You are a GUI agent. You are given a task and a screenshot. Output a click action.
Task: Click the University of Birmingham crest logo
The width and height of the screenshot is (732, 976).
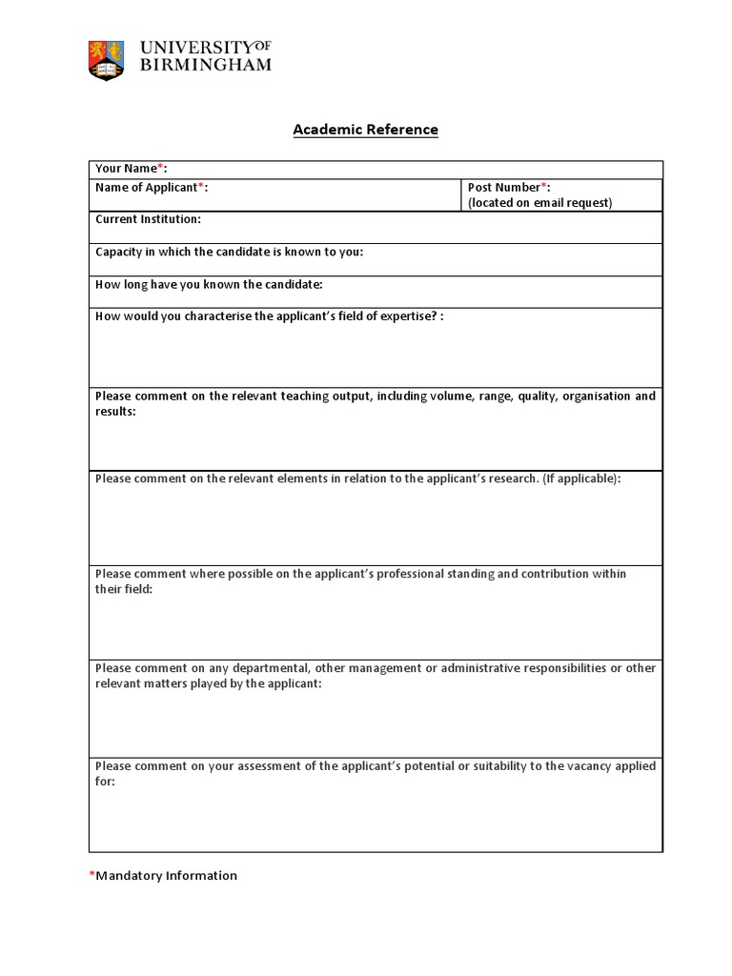106,59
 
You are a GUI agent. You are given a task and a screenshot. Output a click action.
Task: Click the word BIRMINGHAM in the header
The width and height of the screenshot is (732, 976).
205,66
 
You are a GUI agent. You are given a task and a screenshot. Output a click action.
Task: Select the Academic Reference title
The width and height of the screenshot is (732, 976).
365,130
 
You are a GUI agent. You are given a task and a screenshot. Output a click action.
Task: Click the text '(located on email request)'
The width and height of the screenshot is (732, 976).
539,203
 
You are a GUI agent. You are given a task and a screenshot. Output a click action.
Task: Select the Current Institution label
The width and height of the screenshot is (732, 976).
148,219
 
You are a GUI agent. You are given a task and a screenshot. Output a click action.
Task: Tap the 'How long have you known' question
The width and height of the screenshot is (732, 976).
209,285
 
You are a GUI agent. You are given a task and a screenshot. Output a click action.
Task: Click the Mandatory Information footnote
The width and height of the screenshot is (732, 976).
166,876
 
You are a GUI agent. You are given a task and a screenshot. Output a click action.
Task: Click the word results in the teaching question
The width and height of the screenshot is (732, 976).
114,412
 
